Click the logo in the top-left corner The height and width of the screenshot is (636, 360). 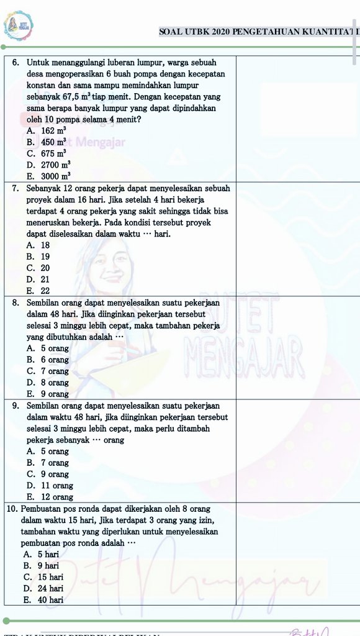pyautogui.click(x=19, y=26)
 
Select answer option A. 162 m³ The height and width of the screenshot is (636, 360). pyautogui.click(x=47, y=130)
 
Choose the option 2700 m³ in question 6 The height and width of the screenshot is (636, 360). pyautogui.click(x=47, y=165)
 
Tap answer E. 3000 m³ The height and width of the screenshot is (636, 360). pyautogui.click(x=47, y=176)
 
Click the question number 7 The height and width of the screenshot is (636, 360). pyautogui.click(x=15, y=188)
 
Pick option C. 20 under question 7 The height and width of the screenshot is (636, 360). pyautogui.click(x=38, y=268)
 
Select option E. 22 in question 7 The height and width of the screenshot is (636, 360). pyautogui.click(x=38, y=291)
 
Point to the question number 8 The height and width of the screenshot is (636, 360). pyautogui.click(x=15, y=302)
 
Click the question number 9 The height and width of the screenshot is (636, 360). pyautogui.click(x=15, y=406)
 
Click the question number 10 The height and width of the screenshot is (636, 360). pyautogui.click(x=12, y=509)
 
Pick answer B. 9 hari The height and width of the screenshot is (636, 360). pyautogui.click(x=43, y=566)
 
